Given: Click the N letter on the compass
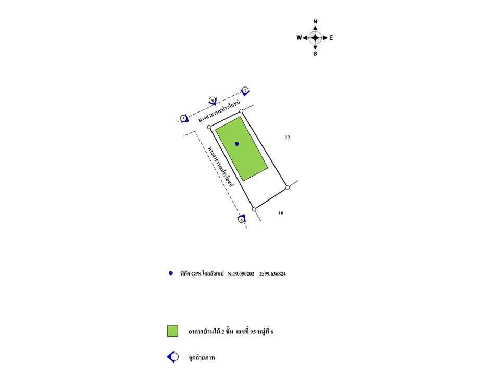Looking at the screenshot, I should (315, 22).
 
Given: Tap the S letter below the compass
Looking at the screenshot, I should (315, 53).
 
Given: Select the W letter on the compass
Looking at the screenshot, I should (299, 37).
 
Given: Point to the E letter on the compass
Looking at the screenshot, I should (331, 37).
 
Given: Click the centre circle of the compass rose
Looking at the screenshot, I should (315, 37).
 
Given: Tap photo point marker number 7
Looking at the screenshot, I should (245, 91).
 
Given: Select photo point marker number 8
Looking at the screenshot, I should (213, 100).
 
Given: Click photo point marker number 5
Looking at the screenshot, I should (184, 118).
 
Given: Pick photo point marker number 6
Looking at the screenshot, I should (241, 219).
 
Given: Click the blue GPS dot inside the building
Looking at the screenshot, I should (237, 144).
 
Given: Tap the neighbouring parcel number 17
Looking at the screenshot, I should (287, 137).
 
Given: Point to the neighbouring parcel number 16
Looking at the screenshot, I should (281, 213).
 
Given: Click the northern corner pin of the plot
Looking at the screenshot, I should (241, 111).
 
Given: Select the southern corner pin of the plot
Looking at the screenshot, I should (254, 209).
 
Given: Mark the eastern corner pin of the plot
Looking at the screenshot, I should (287, 187).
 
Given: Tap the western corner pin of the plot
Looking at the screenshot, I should (209, 127).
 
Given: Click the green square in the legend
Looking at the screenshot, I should (172, 331).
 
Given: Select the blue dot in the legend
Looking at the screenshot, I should (170, 273).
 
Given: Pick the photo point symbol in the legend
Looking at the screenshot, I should (173, 357).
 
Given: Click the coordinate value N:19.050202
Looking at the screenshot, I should (241, 273).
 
